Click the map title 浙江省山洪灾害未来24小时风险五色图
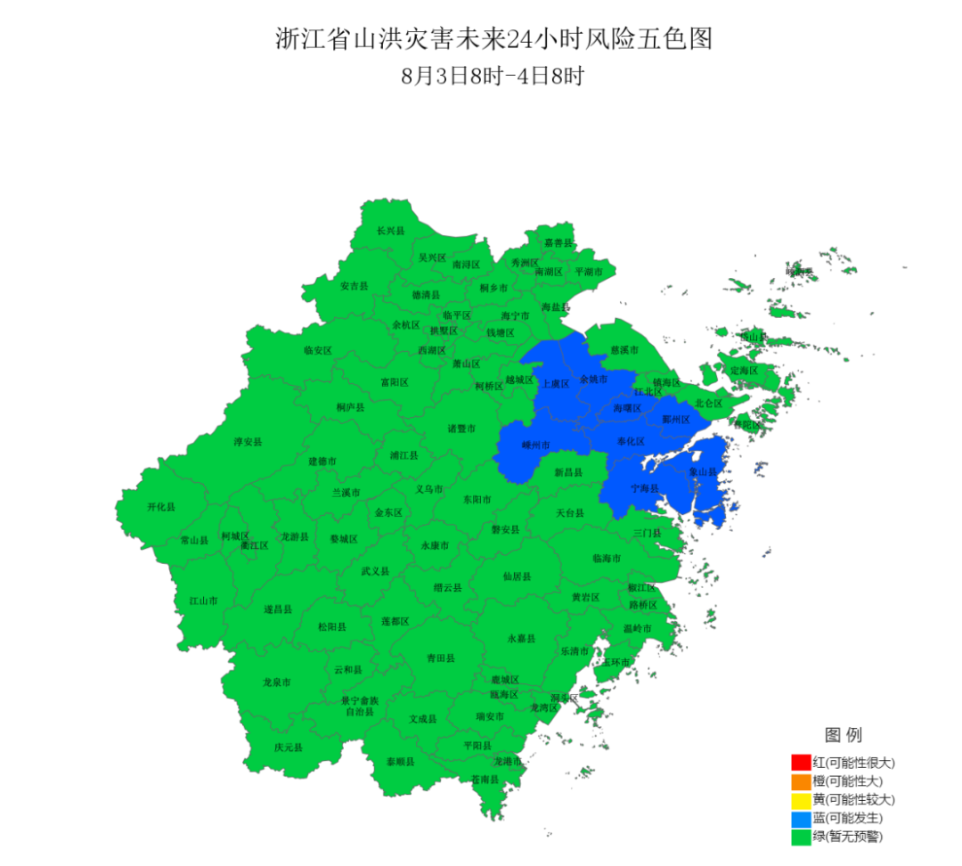[x=493, y=39]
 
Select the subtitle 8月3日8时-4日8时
[x=493, y=76]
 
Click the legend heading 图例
[x=843, y=735]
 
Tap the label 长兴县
[x=390, y=231]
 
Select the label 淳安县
[x=248, y=441]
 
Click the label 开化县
[x=161, y=506]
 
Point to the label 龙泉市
[x=276, y=682]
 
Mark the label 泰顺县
[x=400, y=762]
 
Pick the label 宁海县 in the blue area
[x=645, y=489]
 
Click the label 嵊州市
[x=535, y=445]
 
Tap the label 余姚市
[x=593, y=380]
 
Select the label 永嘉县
[x=521, y=639]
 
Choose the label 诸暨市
[x=461, y=429]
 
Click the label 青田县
[x=440, y=658]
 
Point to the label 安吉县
[x=354, y=286]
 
